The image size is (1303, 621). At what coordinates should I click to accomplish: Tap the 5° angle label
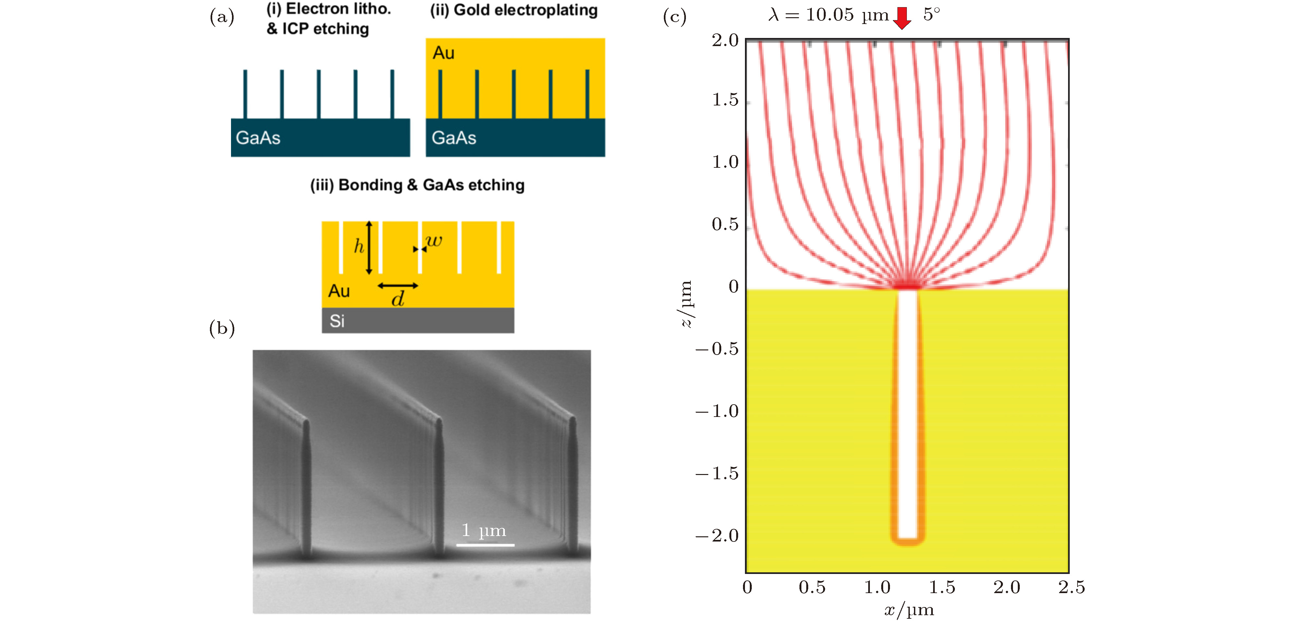click(931, 15)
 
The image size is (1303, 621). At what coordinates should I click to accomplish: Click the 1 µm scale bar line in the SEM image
click(485, 545)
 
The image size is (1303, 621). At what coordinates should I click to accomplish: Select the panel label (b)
click(222, 328)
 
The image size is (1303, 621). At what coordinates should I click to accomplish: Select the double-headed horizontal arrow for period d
click(398, 286)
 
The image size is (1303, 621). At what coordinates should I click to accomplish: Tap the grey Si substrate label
click(337, 321)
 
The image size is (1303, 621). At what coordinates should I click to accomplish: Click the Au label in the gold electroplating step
click(444, 53)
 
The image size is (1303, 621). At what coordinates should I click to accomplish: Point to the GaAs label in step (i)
click(258, 138)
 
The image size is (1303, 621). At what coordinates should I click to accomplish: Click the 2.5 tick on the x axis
click(1071, 587)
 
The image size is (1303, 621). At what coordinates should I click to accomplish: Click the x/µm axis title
click(909, 610)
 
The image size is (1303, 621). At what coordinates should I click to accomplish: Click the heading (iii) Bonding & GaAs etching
click(417, 185)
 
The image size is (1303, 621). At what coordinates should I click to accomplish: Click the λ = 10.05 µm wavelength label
click(828, 15)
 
